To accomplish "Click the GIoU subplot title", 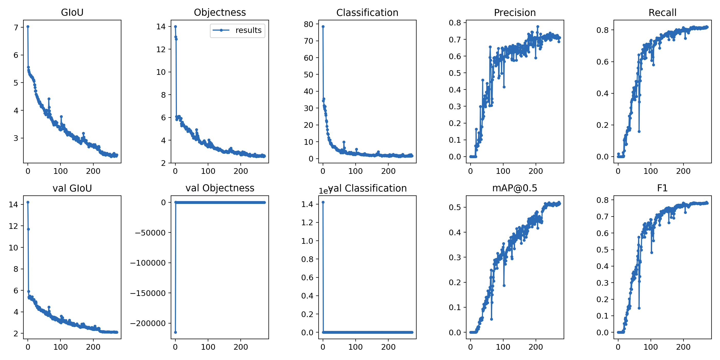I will [x=72, y=12].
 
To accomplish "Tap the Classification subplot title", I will [x=367, y=13].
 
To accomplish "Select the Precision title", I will [x=515, y=13].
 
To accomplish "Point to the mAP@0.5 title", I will [x=515, y=188].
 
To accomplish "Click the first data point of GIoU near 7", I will [x=28, y=26].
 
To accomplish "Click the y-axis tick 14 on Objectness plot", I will [x=161, y=26].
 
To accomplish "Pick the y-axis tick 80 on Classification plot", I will [x=308, y=24].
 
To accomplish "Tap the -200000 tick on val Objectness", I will [x=148, y=323].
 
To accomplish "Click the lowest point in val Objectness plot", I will [x=175, y=332].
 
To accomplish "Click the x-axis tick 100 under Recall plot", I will [x=650, y=171].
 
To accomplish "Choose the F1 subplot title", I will [x=662, y=188].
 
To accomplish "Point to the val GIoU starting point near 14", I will [x=28, y=202].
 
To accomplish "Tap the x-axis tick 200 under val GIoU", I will [x=93, y=347].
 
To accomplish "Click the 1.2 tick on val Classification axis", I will [x=307, y=222].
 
